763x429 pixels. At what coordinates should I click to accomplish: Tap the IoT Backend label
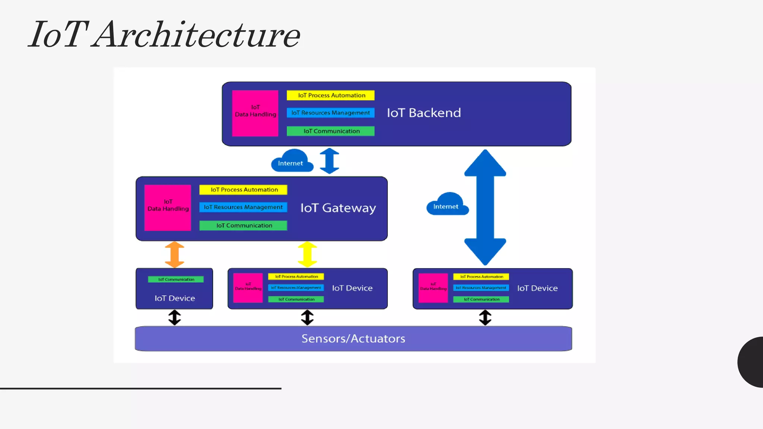pyautogui.click(x=424, y=113)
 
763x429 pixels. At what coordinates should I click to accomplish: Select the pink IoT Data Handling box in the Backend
pyautogui.click(x=255, y=113)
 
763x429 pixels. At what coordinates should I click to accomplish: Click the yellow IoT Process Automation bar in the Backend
pyautogui.click(x=330, y=95)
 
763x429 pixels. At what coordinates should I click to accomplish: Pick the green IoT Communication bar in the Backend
pyautogui.click(x=330, y=131)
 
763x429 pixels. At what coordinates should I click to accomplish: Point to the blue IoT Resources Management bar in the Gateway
pyautogui.click(x=243, y=207)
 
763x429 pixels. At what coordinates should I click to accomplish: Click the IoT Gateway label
pyautogui.click(x=338, y=208)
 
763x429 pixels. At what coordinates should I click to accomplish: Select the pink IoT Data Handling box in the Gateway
pyautogui.click(x=168, y=208)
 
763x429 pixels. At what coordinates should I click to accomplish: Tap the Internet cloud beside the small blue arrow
pyautogui.click(x=291, y=161)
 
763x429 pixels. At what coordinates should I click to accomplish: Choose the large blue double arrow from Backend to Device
pyautogui.click(x=485, y=207)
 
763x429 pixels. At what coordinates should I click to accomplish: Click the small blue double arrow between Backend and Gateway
pyautogui.click(x=329, y=161)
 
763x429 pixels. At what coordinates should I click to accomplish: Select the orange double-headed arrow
pyautogui.click(x=174, y=255)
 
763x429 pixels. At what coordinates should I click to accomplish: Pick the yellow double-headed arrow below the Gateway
pyautogui.click(x=307, y=255)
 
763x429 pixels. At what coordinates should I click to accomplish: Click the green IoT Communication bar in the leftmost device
pyautogui.click(x=176, y=279)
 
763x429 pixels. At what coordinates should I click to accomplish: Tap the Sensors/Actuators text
pyautogui.click(x=353, y=339)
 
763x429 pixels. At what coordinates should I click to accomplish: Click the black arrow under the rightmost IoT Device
pyautogui.click(x=485, y=318)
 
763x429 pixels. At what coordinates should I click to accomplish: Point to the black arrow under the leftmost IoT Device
pyautogui.click(x=174, y=318)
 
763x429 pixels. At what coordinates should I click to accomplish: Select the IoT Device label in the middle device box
pyautogui.click(x=352, y=288)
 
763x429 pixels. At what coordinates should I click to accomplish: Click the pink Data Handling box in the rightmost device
pyautogui.click(x=433, y=288)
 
